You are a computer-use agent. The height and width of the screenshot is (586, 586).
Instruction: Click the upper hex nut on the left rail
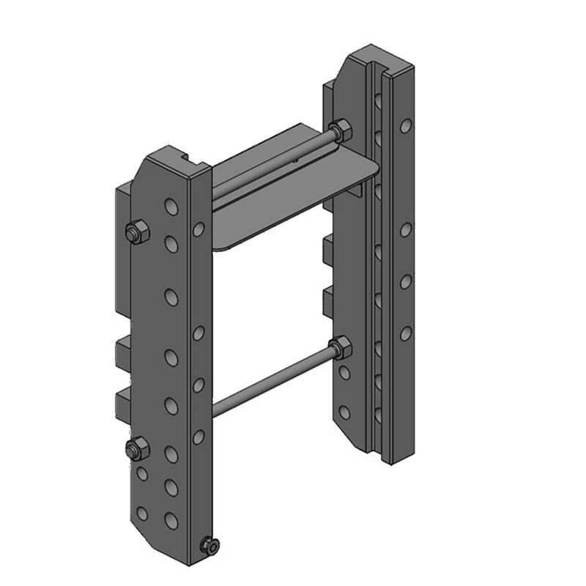pyautogui.click(x=136, y=233)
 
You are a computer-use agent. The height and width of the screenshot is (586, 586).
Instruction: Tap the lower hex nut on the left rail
pyautogui.click(x=136, y=448)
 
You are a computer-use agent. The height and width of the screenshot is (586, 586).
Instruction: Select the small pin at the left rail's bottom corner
pyautogui.click(x=210, y=545)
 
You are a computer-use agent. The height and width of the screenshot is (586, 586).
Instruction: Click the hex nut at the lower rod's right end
pyautogui.click(x=340, y=347)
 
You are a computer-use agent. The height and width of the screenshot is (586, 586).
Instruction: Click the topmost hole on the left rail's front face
pyautogui.click(x=171, y=207)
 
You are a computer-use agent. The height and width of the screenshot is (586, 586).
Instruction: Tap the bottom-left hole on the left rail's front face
pyautogui.click(x=142, y=513)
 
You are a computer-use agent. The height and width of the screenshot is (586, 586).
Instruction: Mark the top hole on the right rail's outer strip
pyautogui.click(x=405, y=126)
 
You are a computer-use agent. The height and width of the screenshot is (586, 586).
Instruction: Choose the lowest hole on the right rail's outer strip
pyautogui.click(x=405, y=334)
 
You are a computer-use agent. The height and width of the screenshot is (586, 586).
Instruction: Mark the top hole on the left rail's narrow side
pyautogui.click(x=199, y=230)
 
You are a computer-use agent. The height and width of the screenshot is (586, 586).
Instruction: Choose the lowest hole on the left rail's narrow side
pyautogui.click(x=199, y=437)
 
